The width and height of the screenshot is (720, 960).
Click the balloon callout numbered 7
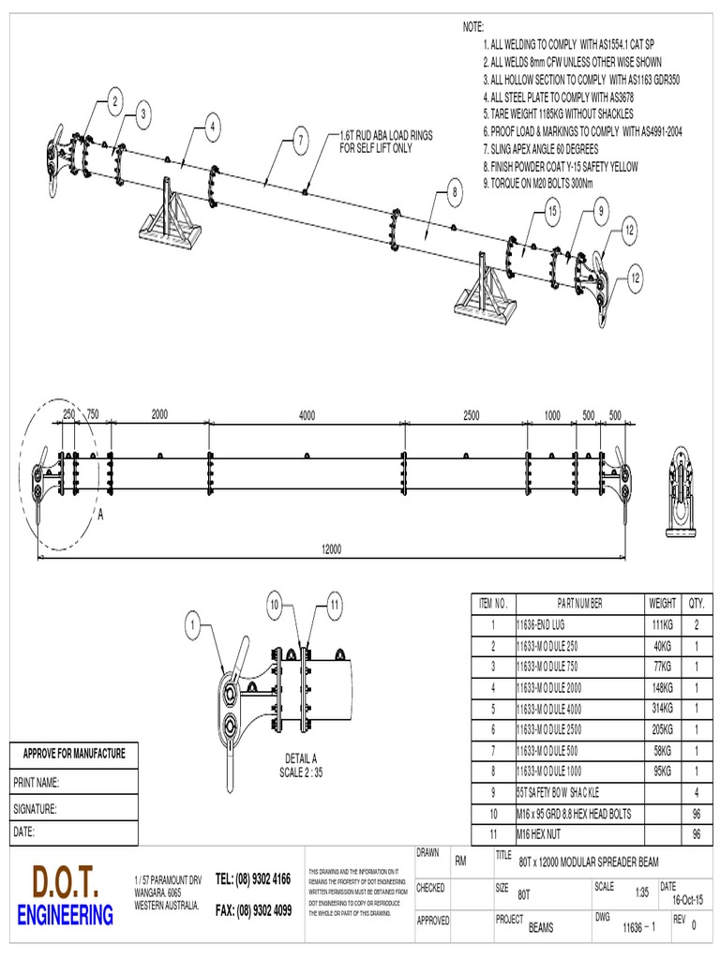point(300,142)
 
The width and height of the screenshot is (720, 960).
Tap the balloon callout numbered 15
point(552,213)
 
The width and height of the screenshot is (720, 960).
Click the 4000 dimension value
point(307,415)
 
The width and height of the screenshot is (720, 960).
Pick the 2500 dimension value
point(471,415)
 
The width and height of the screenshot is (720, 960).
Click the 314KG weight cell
point(661,707)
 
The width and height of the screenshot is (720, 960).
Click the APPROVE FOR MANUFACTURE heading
point(73,753)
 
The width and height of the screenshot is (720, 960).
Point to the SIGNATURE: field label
point(36,807)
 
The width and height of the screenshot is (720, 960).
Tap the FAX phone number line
point(253,909)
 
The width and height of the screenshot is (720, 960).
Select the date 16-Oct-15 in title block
point(688,900)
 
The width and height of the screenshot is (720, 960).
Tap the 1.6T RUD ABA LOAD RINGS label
point(385,142)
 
